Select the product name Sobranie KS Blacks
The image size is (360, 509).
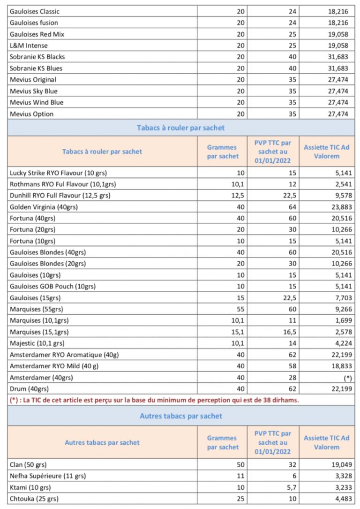tap(37, 57)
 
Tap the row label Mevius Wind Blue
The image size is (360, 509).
tap(37, 102)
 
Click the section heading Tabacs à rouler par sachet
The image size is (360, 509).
tap(180, 128)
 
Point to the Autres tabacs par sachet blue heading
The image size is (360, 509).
tap(180, 416)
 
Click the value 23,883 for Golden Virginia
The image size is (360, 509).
tap(340, 207)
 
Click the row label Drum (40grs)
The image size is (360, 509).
tap(29, 389)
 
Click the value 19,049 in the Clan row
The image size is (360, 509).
tap(340, 465)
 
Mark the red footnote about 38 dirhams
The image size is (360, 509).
tap(154, 400)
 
